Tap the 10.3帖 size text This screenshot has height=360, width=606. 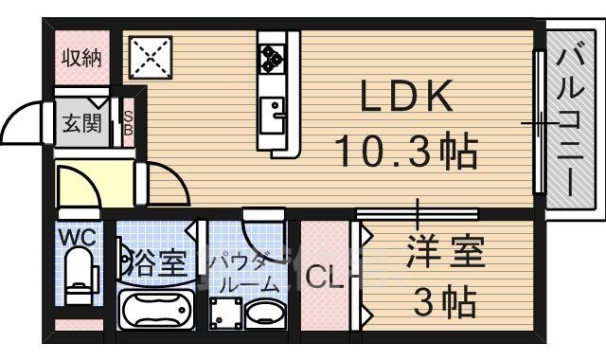406,150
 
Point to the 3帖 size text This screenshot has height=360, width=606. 445,303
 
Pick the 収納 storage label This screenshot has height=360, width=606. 82,58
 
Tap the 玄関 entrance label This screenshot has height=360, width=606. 82,123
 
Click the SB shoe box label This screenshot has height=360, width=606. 129,123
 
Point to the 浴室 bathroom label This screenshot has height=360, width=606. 153,262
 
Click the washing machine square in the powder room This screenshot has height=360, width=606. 224,312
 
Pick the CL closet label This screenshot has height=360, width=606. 325,279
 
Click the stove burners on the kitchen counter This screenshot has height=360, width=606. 271,58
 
